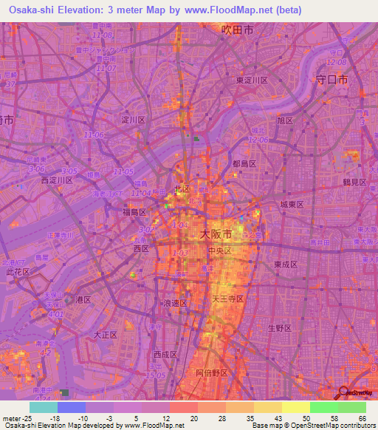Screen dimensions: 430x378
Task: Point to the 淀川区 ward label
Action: pos(134,119)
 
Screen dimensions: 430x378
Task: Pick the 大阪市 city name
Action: pos(216,234)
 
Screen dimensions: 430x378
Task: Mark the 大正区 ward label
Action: pos(106,335)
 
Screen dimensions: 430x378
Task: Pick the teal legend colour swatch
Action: pos(44,407)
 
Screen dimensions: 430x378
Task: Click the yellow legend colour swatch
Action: pos(295,407)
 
